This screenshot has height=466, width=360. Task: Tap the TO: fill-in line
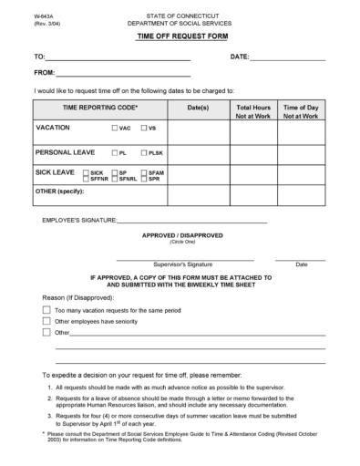(118, 58)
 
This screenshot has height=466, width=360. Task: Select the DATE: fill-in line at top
(288, 58)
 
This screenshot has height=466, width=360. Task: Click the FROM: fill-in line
(123, 73)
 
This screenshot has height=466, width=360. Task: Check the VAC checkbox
(114, 129)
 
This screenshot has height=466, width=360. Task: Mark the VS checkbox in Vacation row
(143, 129)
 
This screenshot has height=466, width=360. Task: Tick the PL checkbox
(114, 152)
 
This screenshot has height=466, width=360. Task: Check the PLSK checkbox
(143, 152)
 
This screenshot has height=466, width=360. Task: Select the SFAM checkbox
(143, 172)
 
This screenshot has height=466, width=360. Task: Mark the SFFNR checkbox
(86, 178)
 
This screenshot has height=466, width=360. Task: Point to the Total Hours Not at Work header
(253, 112)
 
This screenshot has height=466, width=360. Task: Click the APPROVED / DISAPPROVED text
(181, 235)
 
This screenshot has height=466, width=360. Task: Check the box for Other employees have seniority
(46, 321)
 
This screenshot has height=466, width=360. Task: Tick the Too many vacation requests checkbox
(46, 310)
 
